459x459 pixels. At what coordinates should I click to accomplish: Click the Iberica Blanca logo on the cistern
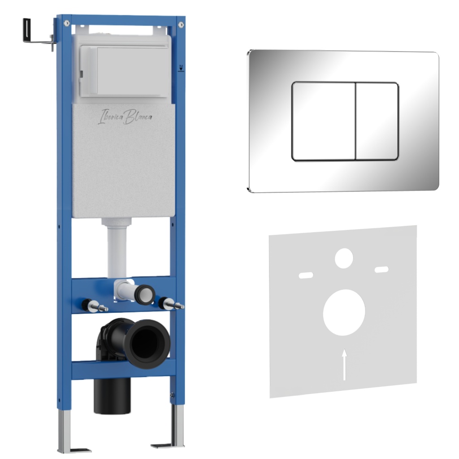tap(125, 117)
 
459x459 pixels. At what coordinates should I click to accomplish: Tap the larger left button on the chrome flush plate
tap(324, 121)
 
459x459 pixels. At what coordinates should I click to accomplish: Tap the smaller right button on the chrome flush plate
tap(377, 121)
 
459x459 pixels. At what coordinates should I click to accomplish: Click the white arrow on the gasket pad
tap(345, 364)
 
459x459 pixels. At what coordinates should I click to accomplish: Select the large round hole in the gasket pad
tap(344, 312)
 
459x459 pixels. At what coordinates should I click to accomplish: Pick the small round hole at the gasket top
tap(344, 258)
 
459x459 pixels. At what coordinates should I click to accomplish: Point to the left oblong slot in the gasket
tap(306, 275)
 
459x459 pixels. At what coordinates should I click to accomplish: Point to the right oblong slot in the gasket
tap(382, 269)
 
